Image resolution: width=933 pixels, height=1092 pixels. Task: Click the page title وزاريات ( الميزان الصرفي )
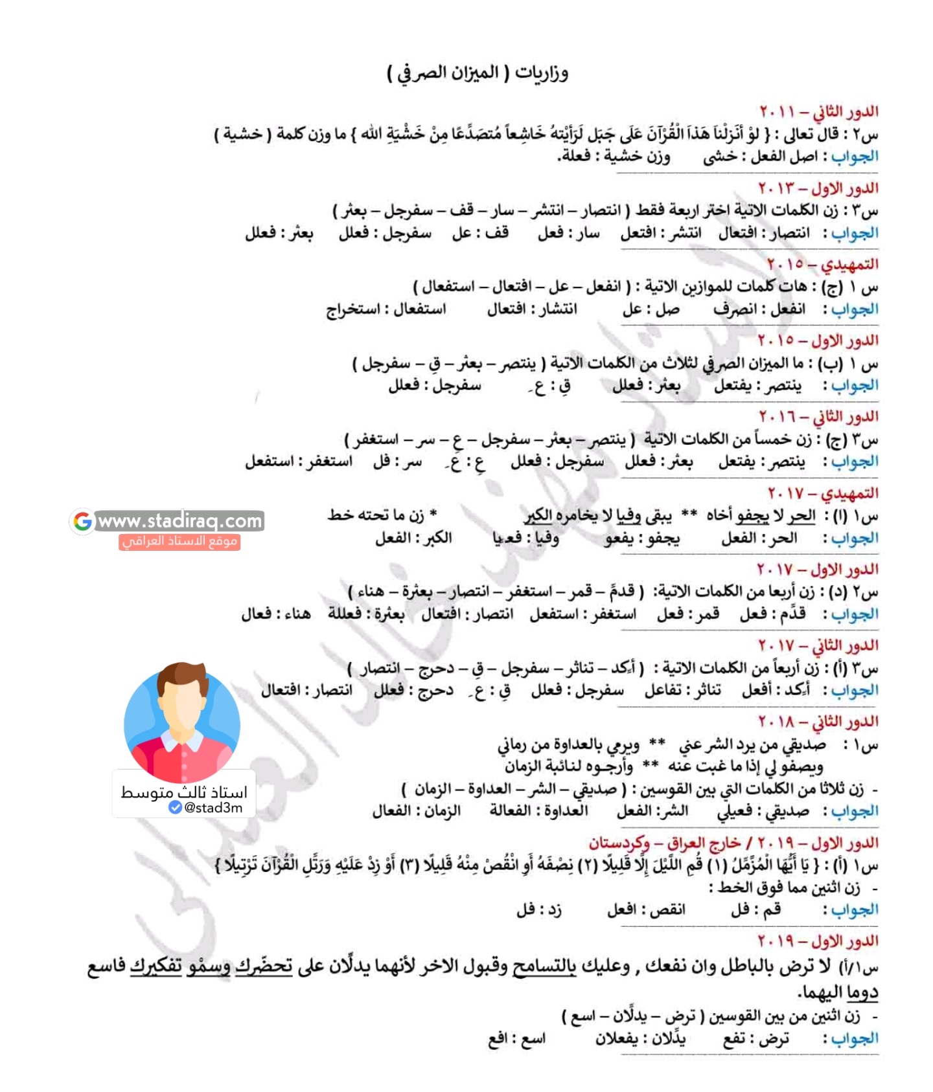pyautogui.click(x=478, y=72)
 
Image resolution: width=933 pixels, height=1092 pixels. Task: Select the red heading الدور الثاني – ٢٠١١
pyautogui.click(x=818, y=111)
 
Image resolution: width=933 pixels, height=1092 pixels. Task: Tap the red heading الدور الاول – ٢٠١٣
pyautogui.click(x=818, y=188)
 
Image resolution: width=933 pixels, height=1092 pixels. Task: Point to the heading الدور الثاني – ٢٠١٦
pyautogui.click(x=818, y=416)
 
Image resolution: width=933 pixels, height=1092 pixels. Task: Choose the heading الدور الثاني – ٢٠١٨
pyautogui.click(x=818, y=721)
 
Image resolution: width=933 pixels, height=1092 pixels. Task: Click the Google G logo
pyautogui.click(x=83, y=521)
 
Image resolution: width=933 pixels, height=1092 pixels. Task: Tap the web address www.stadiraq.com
pyautogui.click(x=179, y=520)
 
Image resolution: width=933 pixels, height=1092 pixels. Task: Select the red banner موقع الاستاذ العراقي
pyautogui.click(x=179, y=541)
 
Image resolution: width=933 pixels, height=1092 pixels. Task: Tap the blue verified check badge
pyautogui.click(x=175, y=807)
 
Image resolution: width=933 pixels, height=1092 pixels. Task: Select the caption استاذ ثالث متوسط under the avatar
pyautogui.click(x=184, y=792)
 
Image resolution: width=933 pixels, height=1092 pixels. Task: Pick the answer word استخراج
pyautogui.click(x=353, y=309)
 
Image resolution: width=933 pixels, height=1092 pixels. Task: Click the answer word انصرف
pyautogui.click(x=735, y=309)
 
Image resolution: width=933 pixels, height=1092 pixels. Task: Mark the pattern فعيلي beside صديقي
pyautogui.click(x=735, y=811)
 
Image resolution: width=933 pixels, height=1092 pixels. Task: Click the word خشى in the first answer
pyautogui.click(x=720, y=157)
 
